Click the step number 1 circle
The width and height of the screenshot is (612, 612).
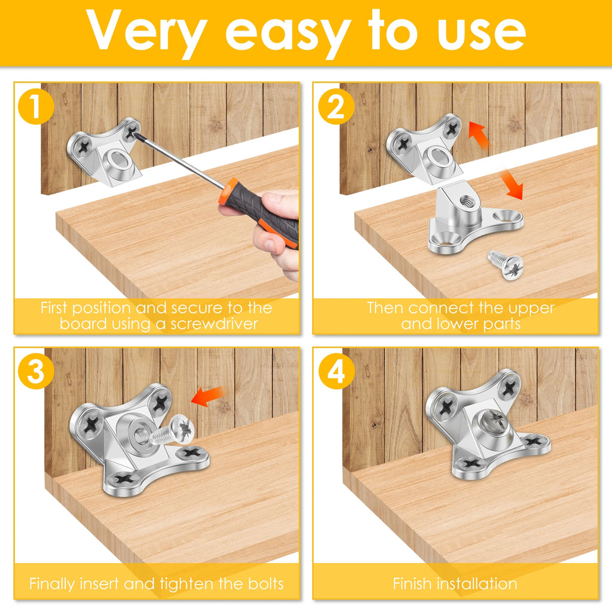[35, 106]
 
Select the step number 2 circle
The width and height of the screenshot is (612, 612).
[336, 106]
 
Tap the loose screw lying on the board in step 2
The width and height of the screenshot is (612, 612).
[506, 264]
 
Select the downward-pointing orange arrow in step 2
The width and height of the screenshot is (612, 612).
[512, 184]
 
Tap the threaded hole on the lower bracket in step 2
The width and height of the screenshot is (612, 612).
[466, 201]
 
